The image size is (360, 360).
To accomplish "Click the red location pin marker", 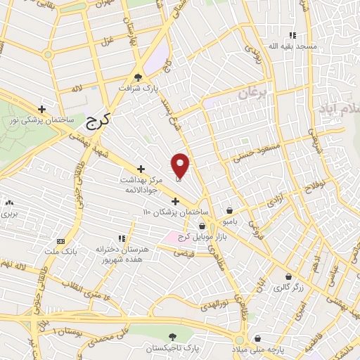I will pyautogui.click(x=181, y=165).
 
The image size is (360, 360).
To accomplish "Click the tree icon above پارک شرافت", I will pyautogui.click(x=139, y=77).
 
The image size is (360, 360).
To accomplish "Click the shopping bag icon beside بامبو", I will pyautogui.click(x=230, y=210).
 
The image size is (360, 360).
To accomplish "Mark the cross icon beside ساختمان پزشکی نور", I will pyautogui.click(x=42, y=109).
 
